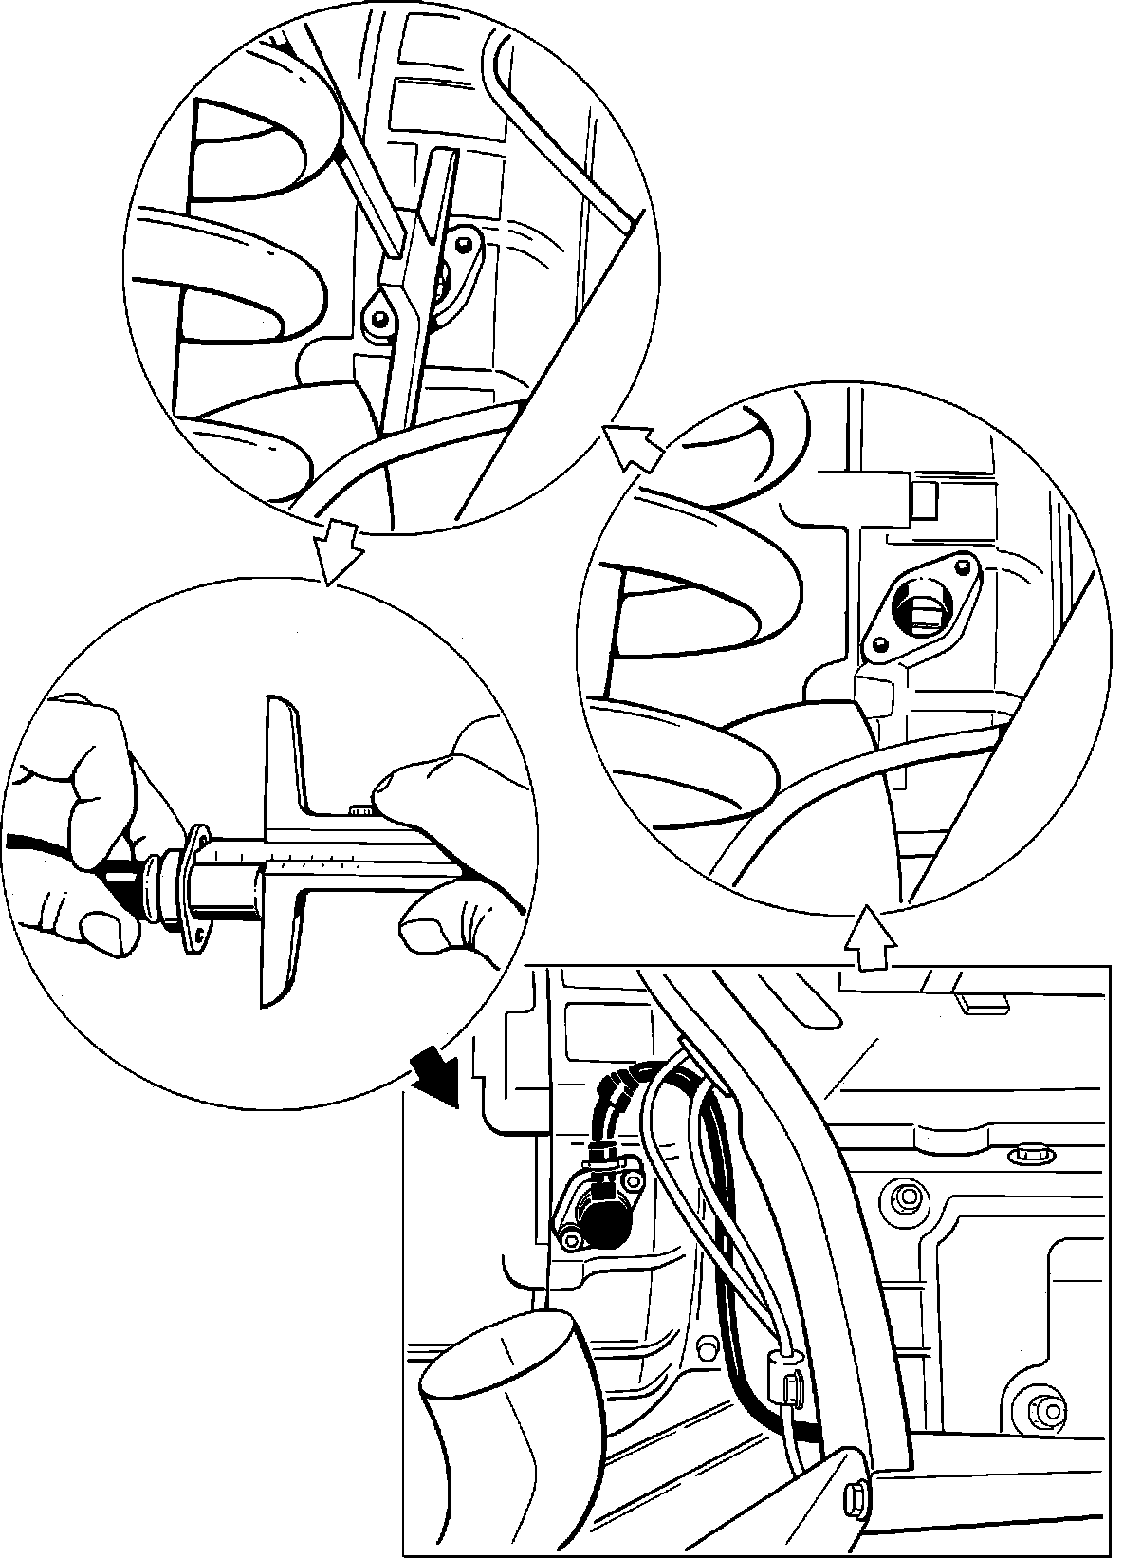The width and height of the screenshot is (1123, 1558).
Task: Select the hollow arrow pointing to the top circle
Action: coord(633,447)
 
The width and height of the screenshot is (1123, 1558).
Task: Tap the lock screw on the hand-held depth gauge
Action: coord(360,809)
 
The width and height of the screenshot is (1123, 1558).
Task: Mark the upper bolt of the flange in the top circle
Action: coord(465,244)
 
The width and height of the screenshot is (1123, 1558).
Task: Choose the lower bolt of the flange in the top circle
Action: coord(379,320)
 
